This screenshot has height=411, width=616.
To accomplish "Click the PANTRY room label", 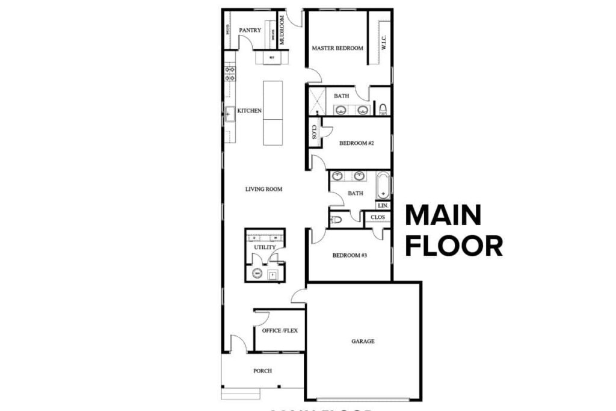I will coord(249,30).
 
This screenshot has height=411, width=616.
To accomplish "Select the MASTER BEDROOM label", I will coord(337,48).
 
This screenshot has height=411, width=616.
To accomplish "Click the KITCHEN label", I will coord(249,111).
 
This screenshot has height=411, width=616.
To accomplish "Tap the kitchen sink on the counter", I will coord(229,113).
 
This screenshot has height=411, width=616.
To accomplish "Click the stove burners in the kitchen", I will coord(229,73).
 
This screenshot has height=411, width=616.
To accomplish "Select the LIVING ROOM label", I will coord(263,189).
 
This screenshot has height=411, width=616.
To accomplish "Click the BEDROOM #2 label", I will coord(357,143).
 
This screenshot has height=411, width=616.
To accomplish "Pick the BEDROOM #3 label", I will coord(350,255).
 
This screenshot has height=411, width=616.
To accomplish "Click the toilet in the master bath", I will coord(383,108).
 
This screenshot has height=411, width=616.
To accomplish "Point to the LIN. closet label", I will coord(383,205).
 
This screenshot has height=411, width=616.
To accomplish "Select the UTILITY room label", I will coord(265,247).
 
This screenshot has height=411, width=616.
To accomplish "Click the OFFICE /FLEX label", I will coord(280,330).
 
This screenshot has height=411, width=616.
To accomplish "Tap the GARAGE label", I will coord(363,341).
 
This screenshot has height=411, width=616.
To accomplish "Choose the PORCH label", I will coord(262,371).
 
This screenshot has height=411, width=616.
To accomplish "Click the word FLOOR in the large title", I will coord(454,246).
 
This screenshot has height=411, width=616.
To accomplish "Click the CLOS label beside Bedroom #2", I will coord(314,132).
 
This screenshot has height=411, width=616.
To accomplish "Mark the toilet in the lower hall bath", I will coord(337,220).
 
